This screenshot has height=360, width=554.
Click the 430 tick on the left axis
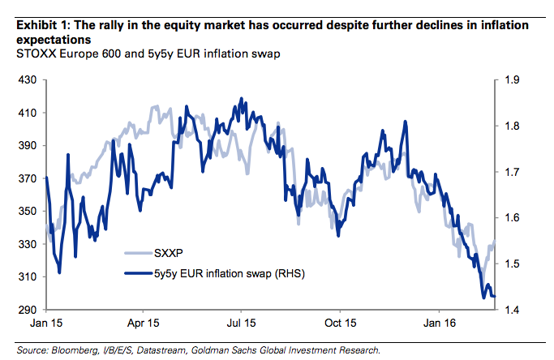[27, 80]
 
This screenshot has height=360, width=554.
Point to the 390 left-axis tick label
[27, 146]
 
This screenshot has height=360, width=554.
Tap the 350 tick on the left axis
[27, 212]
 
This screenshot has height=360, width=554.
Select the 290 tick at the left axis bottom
[27, 310]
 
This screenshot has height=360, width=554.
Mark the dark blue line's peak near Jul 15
[242, 99]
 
